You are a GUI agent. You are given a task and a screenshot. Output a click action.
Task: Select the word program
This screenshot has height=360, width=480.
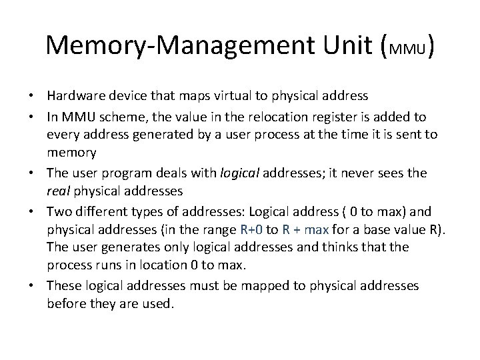pyautogui.click(x=123, y=173)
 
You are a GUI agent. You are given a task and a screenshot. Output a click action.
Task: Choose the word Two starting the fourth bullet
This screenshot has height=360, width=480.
pyautogui.click(x=58, y=212)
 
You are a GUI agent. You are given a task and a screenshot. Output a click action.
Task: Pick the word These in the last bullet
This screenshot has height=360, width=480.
pyautogui.click(x=63, y=286)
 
